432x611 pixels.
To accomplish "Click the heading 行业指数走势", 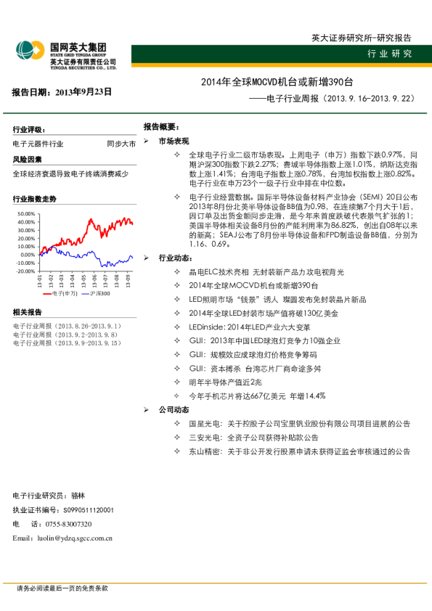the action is (x=34, y=198).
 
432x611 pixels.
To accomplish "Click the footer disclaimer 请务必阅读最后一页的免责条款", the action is (x=62, y=588).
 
